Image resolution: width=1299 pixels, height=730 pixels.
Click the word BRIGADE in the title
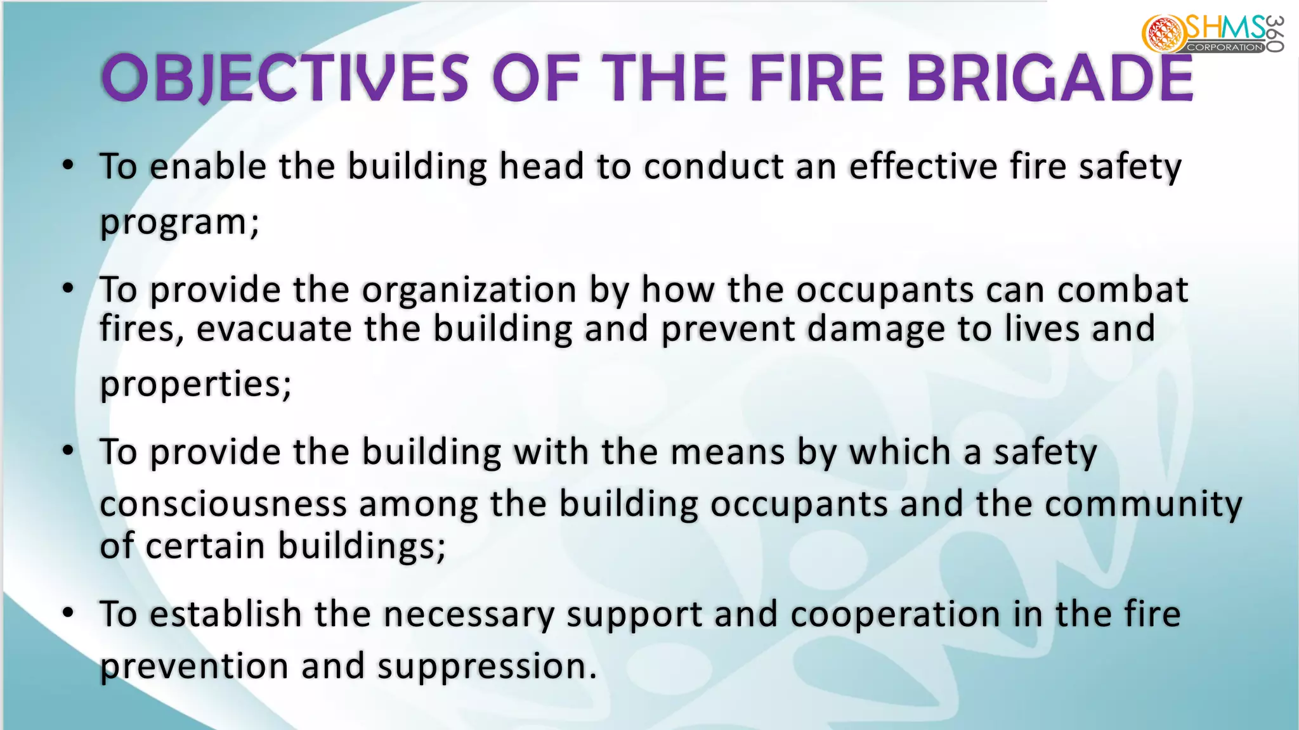[x=1050, y=79]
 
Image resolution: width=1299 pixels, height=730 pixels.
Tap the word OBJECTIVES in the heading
[x=285, y=79]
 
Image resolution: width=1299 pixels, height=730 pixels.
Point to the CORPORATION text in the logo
[x=1225, y=48]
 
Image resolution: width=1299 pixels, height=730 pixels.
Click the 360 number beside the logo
[x=1276, y=34]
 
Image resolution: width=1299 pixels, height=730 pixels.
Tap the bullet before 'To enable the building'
[x=69, y=166]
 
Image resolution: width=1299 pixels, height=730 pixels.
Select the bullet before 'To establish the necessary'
[x=69, y=613]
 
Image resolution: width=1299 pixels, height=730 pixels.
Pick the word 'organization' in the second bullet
[x=469, y=290]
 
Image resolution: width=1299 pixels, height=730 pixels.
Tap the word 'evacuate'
[x=274, y=330]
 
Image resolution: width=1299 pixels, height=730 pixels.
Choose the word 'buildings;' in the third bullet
[x=362, y=546]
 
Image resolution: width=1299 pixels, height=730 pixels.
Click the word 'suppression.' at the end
[x=487, y=667]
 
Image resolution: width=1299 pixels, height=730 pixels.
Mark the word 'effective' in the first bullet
[x=924, y=167]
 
